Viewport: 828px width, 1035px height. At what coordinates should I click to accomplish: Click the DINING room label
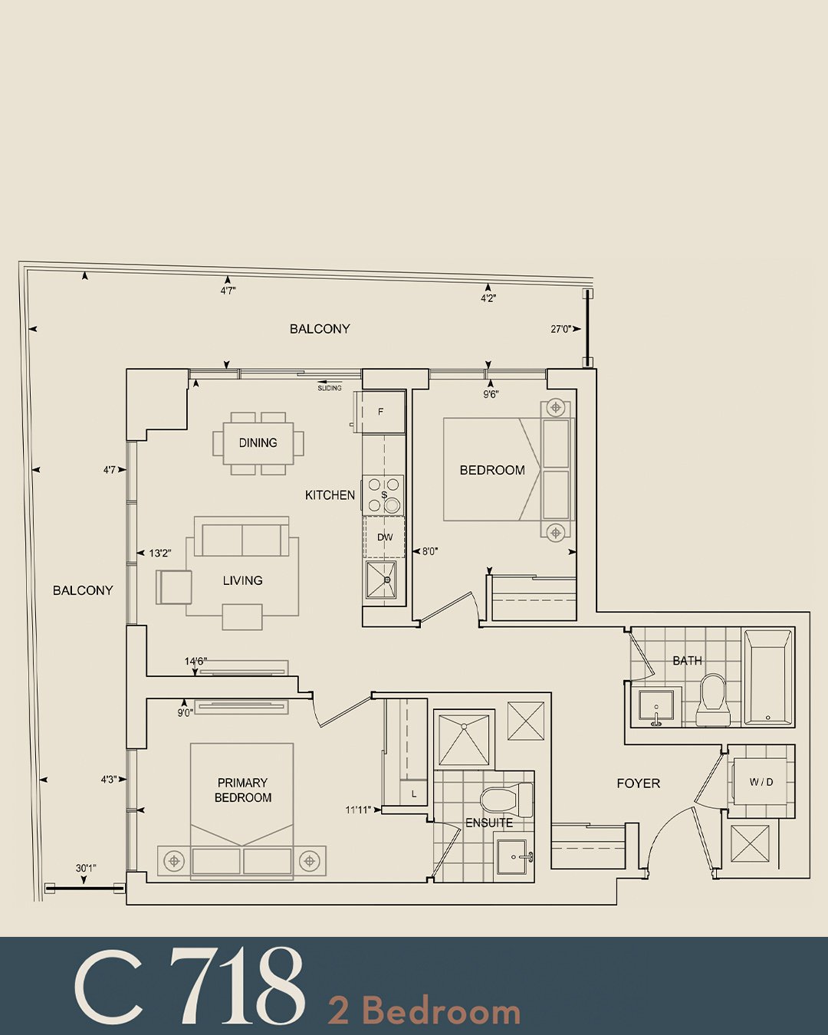pos(258,442)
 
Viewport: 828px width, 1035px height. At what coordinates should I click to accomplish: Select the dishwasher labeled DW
pos(384,537)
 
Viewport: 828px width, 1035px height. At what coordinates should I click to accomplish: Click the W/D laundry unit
pos(761,783)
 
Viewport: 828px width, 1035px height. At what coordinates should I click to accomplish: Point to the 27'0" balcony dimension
pos(561,330)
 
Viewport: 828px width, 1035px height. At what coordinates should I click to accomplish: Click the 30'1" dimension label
pos(86,868)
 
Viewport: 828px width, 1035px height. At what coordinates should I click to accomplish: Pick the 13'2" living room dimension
pos(159,553)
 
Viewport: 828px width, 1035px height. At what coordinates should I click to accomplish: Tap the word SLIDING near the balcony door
pos(330,388)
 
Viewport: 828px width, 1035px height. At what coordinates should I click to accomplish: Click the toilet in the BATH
pos(714,700)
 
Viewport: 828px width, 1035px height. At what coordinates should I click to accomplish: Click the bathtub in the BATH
pos(768,677)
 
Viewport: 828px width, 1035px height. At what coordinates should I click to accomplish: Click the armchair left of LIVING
pos(174,587)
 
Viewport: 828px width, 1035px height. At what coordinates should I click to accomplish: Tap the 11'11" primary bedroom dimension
pos(358,810)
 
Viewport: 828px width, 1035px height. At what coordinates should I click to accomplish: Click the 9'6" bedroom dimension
pos(490,394)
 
